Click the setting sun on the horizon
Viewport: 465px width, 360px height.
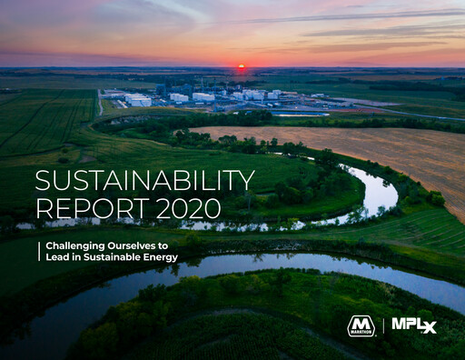[242, 66]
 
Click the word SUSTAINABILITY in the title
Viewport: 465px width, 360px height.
[145, 180]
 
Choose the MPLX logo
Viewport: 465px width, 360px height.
[414, 325]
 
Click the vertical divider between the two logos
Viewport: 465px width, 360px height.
[382, 325]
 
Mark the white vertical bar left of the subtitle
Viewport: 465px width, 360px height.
[38, 251]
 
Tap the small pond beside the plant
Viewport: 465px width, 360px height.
[300, 114]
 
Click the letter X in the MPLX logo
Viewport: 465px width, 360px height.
[428, 326]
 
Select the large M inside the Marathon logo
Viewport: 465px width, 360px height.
[361, 324]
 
